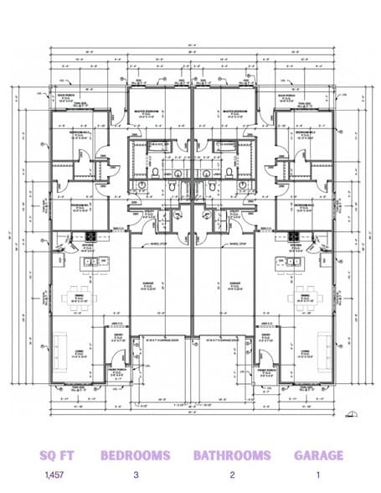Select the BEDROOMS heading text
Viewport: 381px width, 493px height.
pyautogui.click(x=135, y=455)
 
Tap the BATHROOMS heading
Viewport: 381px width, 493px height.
pyautogui.click(x=232, y=455)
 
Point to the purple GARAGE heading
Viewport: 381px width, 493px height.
pyautogui.click(x=318, y=455)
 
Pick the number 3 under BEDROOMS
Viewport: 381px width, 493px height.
pyautogui.click(x=135, y=475)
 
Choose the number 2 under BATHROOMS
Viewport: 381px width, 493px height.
pyautogui.click(x=232, y=475)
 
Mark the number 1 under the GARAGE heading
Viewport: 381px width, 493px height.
pyautogui.click(x=318, y=475)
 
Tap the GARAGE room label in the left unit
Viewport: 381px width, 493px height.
pyautogui.click(x=148, y=283)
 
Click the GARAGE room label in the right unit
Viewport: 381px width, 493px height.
pyautogui.click(x=231, y=283)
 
